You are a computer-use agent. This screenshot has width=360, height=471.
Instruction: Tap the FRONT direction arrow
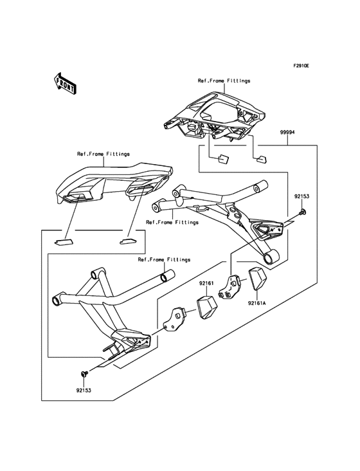(x=65, y=82)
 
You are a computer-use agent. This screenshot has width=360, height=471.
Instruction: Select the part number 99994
(x=287, y=132)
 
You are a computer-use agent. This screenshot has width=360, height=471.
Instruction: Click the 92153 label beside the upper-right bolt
(x=303, y=195)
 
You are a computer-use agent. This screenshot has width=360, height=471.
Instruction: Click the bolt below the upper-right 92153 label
(x=302, y=212)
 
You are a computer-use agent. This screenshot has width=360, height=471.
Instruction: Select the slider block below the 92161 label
(x=207, y=307)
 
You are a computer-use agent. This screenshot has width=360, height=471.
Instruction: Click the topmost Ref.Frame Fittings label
(x=224, y=81)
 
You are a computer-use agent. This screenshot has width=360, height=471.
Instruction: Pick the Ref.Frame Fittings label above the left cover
(x=104, y=154)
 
